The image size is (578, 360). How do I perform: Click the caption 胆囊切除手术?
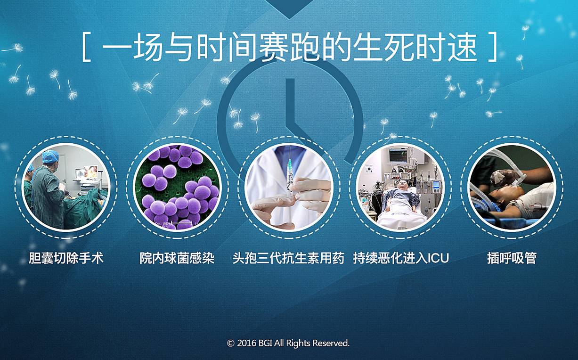tap(66, 258)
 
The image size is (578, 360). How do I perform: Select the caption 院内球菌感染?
tap(177, 258)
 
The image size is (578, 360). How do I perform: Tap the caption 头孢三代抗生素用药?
tap(288, 258)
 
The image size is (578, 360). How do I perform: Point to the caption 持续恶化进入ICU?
tap(401, 258)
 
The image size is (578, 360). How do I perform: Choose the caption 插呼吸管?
tap(512, 258)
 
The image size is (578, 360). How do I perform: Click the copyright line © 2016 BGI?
tap(288, 343)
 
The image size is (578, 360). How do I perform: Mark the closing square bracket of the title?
tap(493, 47)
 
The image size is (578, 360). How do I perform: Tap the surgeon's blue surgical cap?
tap(50, 156)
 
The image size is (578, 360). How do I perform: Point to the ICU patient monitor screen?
tap(398, 155)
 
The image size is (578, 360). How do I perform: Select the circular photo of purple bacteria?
tap(177, 187)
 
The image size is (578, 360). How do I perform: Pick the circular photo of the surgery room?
tap(66, 187)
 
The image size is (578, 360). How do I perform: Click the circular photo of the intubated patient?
tap(512, 187)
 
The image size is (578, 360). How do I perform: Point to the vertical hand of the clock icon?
tap(290, 101)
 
